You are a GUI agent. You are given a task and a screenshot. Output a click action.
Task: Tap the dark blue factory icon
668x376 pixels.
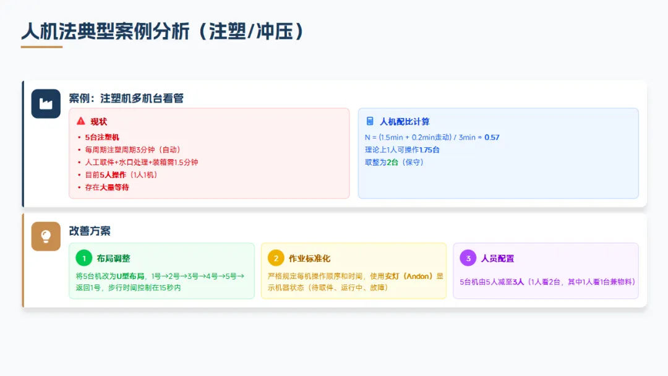point(46,104)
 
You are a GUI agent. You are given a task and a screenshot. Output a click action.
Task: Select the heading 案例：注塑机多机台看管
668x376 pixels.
point(126,98)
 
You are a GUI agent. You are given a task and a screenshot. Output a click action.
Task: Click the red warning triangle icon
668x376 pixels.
point(81,121)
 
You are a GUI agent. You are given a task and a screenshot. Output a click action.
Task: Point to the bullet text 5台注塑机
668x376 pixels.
point(102,137)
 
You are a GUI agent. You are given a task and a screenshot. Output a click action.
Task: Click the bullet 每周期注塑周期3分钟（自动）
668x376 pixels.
point(133,150)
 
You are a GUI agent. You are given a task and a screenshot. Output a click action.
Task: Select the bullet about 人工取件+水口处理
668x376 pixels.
point(142,162)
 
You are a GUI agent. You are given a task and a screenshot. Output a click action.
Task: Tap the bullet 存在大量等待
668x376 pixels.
point(107,187)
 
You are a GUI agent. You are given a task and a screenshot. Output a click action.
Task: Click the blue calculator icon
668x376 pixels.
point(370,121)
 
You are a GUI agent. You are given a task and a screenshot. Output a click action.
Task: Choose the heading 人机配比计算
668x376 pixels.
point(405,122)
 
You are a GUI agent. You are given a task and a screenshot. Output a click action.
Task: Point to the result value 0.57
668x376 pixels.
point(492,137)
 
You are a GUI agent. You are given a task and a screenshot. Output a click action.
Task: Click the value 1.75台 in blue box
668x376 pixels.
point(429,150)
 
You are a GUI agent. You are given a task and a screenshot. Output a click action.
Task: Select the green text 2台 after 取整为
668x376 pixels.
point(392,162)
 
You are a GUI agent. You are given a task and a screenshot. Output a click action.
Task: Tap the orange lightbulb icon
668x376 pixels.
point(46,236)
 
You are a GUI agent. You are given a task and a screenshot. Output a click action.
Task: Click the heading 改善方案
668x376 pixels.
point(90,231)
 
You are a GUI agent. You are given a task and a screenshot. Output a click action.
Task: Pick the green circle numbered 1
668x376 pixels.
point(83,258)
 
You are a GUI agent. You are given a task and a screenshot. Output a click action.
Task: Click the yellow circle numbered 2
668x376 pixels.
point(276,258)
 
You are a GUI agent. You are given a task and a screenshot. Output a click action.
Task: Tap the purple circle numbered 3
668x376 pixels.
point(468,258)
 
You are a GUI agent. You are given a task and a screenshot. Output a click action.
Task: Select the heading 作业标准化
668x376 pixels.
point(309,258)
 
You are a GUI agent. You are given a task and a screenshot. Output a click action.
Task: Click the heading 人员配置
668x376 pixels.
point(497,258)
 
